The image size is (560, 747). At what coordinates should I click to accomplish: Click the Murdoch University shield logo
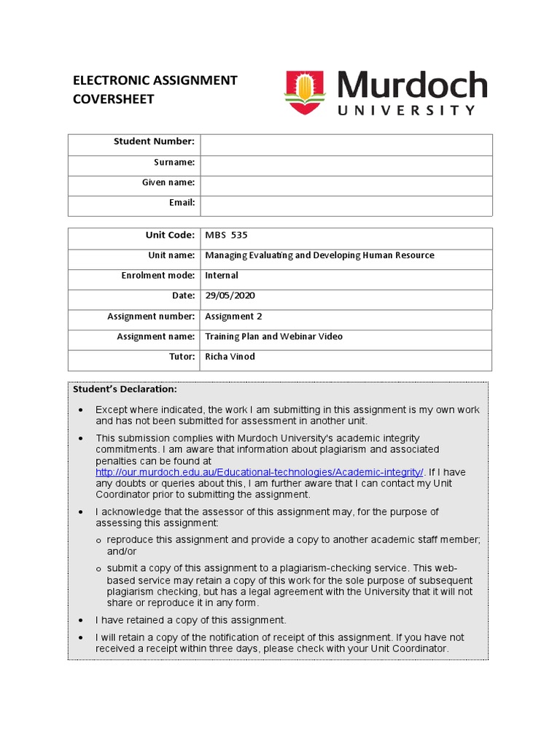(304, 93)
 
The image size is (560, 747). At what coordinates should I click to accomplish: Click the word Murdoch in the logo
(412, 86)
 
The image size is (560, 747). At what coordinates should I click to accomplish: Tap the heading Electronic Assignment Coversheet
(155, 90)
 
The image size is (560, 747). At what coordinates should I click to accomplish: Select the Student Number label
(154, 142)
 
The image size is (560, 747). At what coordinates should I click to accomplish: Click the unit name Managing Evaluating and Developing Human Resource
(319, 255)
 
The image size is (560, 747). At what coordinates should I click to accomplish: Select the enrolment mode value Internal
(222, 276)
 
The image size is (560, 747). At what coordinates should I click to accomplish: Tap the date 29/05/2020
(230, 296)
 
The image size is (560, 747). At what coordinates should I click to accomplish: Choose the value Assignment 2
(233, 317)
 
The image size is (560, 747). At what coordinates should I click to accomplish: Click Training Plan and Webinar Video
(273, 337)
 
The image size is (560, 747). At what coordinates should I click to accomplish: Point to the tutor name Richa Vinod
(230, 357)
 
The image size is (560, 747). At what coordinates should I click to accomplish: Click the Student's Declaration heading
(125, 390)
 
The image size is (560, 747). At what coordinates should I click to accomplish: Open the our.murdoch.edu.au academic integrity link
(260, 472)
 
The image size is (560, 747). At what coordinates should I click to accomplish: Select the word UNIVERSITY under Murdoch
(406, 111)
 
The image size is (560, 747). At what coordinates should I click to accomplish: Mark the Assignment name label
(156, 337)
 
